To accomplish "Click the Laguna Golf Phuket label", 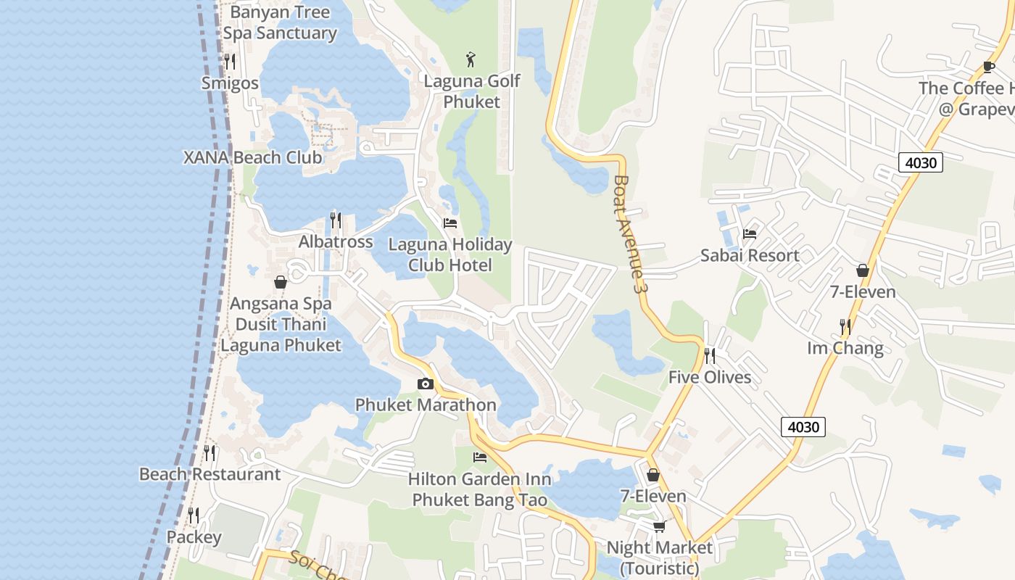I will [x=472, y=91].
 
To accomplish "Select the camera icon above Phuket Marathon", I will [x=426, y=384].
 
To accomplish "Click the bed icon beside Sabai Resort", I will [x=750, y=233].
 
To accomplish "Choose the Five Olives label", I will [x=709, y=377].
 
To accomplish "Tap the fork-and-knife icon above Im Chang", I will [x=845, y=327].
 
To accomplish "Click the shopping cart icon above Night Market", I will [x=658, y=526].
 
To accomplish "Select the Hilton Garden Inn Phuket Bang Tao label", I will [x=479, y=489].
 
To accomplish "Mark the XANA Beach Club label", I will [x=253, y=157].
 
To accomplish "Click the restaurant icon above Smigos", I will [x=230, y=61].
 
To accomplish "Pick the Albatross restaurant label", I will [x=336, y=241].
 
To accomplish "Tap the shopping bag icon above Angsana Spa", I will [x=281, y=282].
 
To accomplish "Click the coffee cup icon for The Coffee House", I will [x=988, y=67].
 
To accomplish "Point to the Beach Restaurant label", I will [x=210, y=474].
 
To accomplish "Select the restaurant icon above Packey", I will [x=194, y=515].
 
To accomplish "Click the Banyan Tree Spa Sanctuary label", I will [x=280, y=22].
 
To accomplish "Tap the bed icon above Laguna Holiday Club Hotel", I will [x=450, y=223].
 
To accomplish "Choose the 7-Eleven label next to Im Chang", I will [x=863, y=292].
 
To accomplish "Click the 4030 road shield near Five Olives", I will [x=803, y=427].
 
